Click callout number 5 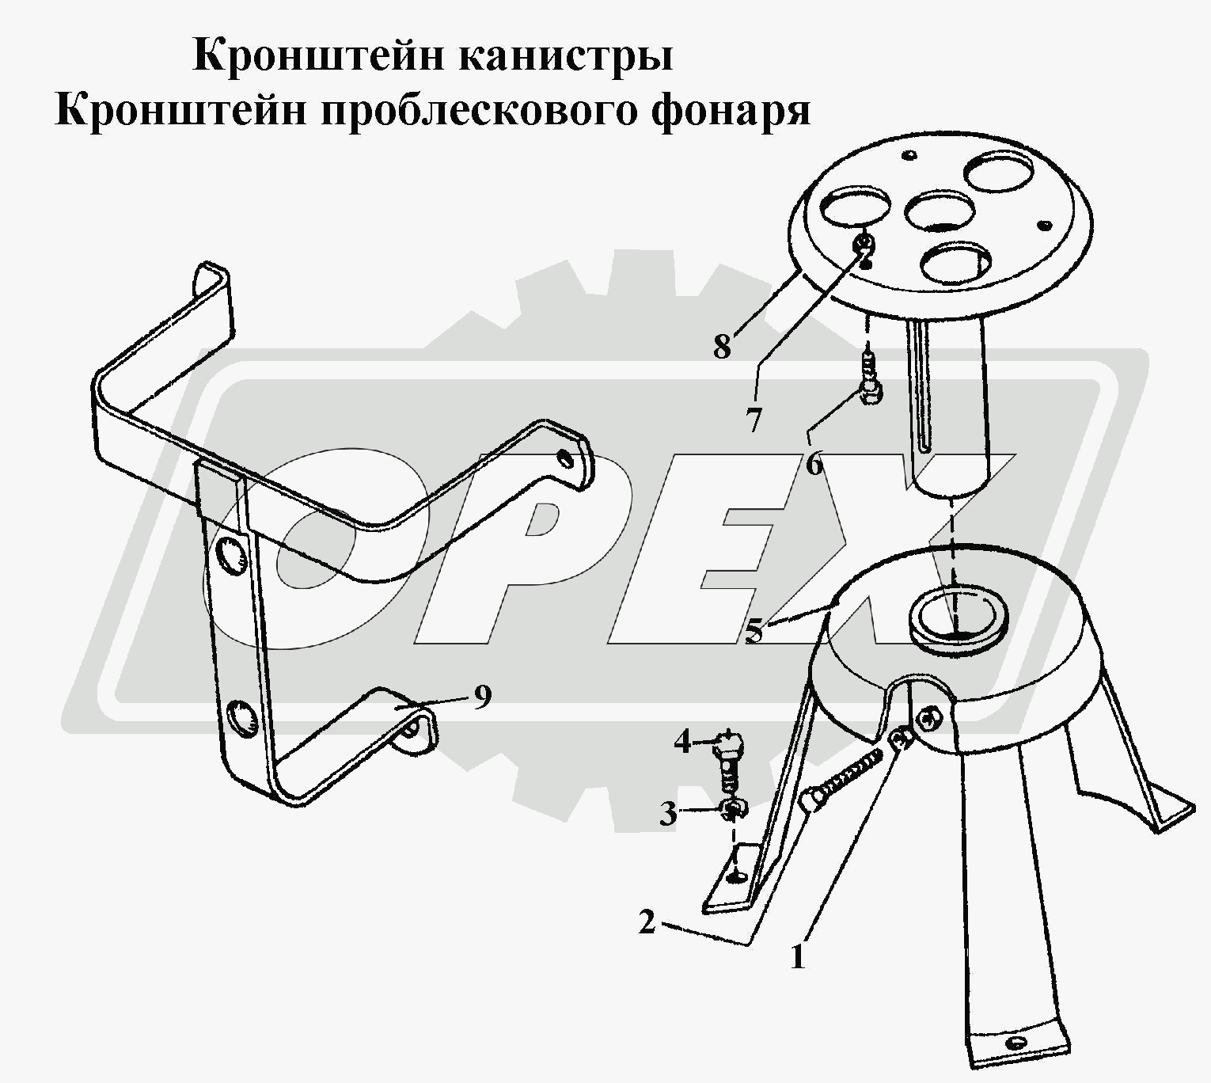coord(755,631)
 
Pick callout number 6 coord(814,464)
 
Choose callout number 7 coord(754,420)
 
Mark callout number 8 coord(722,346)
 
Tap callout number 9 coord(482,697)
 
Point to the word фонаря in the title coord(731,112)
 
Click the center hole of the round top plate coord(940,211)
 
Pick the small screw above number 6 coord(869,380)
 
